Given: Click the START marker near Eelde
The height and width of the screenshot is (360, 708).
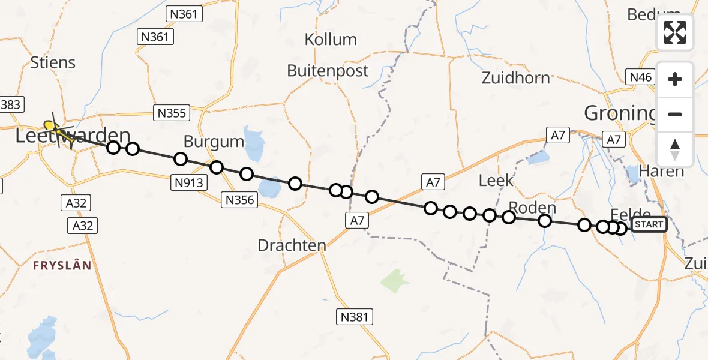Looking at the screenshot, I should (649, 224).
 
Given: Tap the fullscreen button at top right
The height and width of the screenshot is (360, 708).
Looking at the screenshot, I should (675, 32).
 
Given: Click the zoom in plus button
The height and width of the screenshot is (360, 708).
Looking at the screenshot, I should (675, 79).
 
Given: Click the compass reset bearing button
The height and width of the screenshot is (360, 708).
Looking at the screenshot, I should (675, 149).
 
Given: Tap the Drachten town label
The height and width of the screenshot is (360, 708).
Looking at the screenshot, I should (292, 245).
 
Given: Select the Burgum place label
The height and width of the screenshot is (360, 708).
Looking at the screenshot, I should (214, 142).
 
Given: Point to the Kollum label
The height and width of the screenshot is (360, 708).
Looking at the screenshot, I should (331, 40).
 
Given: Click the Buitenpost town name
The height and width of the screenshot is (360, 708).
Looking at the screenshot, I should (328, 71).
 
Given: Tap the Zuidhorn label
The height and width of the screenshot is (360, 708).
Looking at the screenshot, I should (515, 78).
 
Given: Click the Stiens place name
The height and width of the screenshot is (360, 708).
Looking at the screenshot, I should (53, 62).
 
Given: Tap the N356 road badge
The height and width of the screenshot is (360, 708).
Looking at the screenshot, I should (240, 200).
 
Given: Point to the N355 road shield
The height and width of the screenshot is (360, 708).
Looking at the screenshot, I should (172, 112).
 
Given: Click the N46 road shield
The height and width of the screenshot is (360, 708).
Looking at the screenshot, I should (640, 76).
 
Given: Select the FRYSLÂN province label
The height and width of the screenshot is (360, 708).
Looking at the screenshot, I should (62, 265).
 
